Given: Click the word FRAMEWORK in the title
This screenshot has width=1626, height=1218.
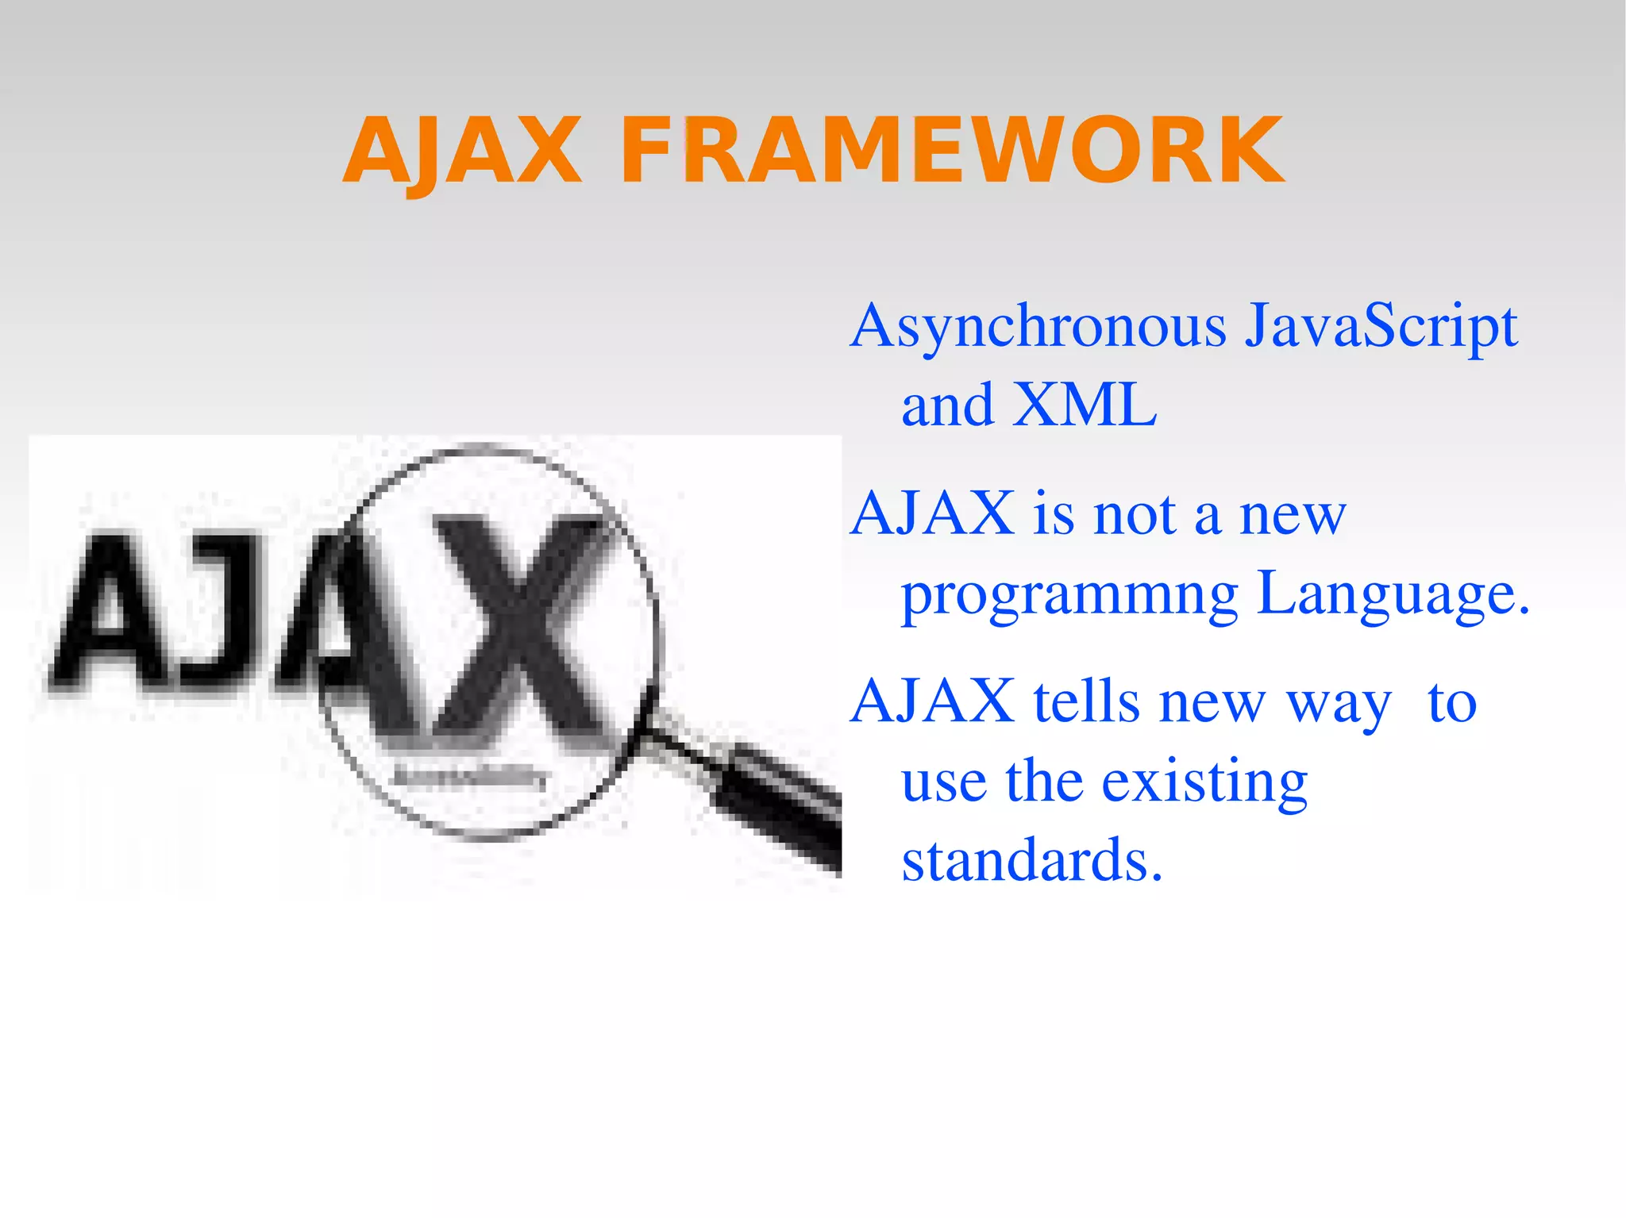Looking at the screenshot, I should coord(951,151).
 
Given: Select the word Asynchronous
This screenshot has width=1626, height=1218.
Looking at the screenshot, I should coord(1038,327).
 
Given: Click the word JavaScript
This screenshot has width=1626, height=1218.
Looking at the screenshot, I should coord(1380,327).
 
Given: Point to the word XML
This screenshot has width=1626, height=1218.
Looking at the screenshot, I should coord(1085,405).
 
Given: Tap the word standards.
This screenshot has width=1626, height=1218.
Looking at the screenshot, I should coord(1032,860).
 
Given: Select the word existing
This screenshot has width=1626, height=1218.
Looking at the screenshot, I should coord(1204,782).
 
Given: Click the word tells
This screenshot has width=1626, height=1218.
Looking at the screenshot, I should coord(1085,703).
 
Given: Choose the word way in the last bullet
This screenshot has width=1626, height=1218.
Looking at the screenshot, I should coord(1339,703).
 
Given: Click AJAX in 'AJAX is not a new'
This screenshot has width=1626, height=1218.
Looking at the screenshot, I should coord(932,514).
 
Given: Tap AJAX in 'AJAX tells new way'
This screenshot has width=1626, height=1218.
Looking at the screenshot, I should coord(932,703).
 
